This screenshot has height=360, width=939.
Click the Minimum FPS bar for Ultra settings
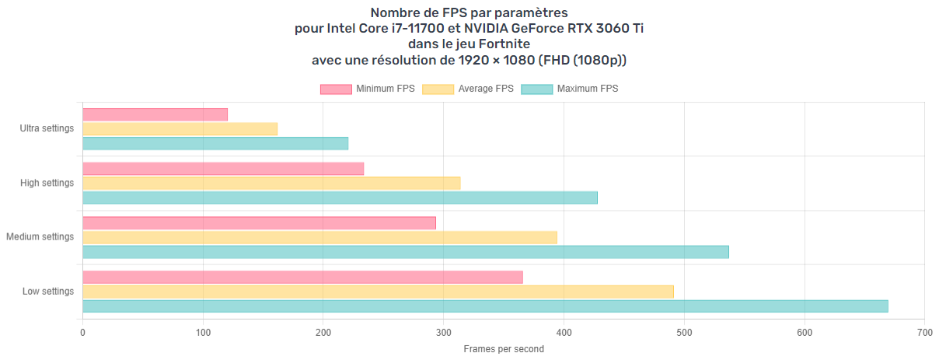[155, 114]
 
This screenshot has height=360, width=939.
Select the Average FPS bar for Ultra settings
[180, 129]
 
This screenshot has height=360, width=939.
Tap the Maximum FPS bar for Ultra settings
[215, 144]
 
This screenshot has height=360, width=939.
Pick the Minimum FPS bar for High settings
[223, 169]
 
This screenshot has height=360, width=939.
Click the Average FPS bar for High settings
[271, 183]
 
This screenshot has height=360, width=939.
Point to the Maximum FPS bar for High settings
[340, 197]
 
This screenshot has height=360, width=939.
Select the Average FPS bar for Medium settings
[319, 237]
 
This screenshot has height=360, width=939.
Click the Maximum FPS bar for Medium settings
[406, 252]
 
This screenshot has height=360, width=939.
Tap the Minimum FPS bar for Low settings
[302, 278]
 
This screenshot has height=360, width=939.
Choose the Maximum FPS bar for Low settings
[485, 306]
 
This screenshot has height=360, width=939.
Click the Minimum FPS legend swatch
[336, 89]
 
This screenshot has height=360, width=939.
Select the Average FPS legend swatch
[438, 89]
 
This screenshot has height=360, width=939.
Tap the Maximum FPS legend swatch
[536, 89]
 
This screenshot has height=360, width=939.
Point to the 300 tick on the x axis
[444, 334]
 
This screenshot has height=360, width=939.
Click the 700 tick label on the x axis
[924, 334]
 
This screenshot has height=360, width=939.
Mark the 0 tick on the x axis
[82, 334]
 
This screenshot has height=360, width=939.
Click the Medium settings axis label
[40, 237]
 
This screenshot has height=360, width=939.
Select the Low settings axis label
[48, 292]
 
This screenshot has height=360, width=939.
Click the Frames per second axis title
[504, 349]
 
